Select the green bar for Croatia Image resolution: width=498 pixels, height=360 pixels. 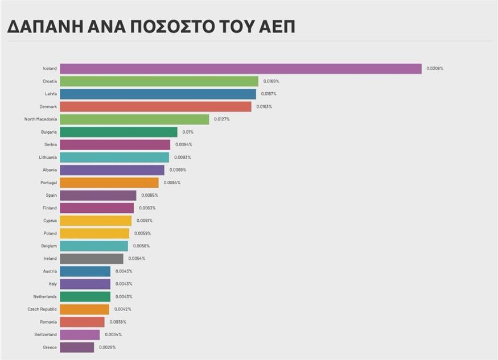point(159,81)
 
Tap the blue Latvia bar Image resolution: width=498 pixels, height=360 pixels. point(158,94)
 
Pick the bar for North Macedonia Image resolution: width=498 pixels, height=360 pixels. point(134,119)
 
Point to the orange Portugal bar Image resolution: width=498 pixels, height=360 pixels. point(109,183)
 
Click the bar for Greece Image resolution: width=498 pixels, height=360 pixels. point(77,347)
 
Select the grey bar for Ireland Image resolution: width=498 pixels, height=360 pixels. point(91,258)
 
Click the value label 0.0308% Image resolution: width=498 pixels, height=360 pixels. point(435,69)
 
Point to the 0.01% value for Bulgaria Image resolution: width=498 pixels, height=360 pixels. point(188,132)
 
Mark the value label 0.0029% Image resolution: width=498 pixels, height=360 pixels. point(108,347)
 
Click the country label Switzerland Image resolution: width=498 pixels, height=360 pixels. point(43,334)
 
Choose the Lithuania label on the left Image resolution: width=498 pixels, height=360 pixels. point(47,158)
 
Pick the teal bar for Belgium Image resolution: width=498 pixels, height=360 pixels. point(94,246)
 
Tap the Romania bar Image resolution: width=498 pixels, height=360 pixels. point(82,322)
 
